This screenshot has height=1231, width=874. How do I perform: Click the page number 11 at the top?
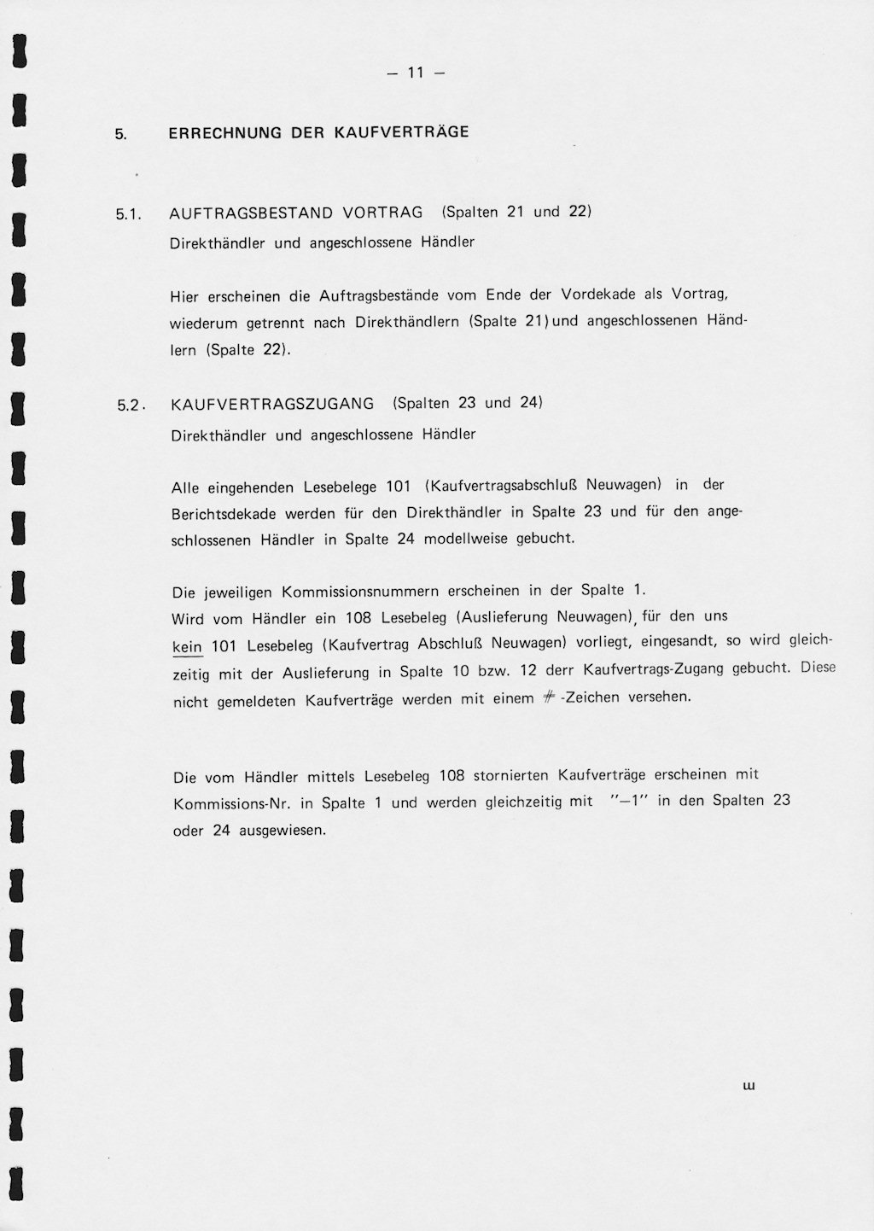click(416, 73)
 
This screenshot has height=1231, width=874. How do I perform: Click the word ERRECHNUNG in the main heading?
click(213, 133)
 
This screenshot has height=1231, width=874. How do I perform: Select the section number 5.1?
click(128, 215)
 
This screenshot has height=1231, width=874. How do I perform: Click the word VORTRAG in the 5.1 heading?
click(382, 213)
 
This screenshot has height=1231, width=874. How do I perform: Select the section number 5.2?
click(131, 405)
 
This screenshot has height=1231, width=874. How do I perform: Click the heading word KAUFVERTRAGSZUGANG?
click(272, 404)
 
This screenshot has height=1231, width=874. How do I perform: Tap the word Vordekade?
click(598, 295)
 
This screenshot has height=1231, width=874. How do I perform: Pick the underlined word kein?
click(187, 647)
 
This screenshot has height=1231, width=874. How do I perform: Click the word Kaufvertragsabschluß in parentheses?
click(504, 486)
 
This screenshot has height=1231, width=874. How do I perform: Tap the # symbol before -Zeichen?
click(551, 698)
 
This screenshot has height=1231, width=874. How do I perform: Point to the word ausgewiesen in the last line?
click(283, 830)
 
